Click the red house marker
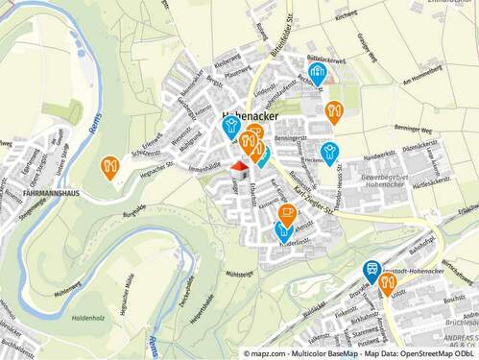pyautogui.click(x=238, y=169)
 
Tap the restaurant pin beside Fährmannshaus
pyautogui.click(x=109, y=167)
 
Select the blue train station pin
pyautogui.click(x=371, y=272)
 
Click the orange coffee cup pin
pyautogui.click(x=287, y=214)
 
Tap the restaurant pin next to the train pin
pyautogui.click(x=389, y=282)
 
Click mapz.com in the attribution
pyautogui.click(x=266, y=354)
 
